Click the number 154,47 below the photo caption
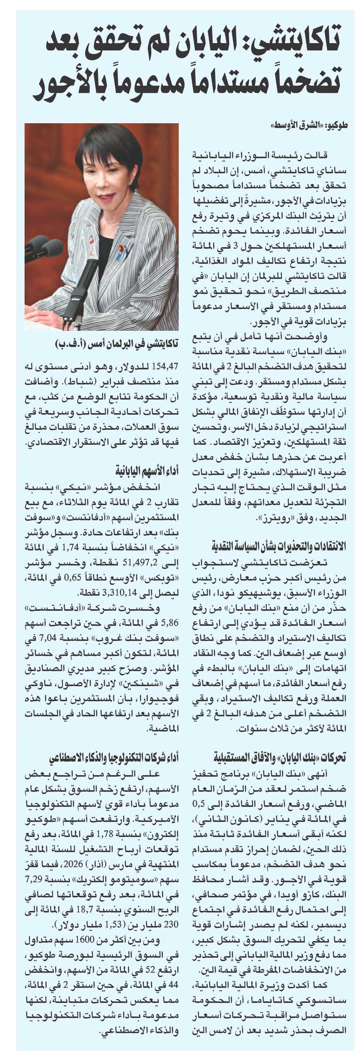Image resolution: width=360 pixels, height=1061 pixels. [165, 366]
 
